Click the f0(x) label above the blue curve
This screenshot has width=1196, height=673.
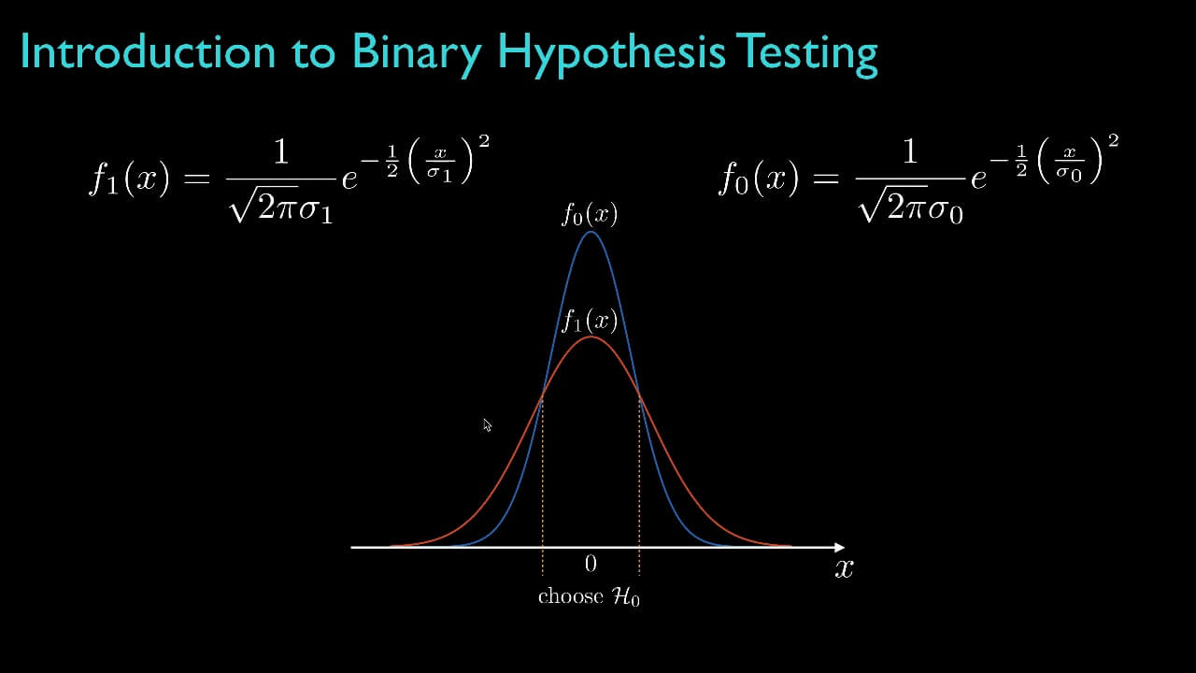(x=590, y=215)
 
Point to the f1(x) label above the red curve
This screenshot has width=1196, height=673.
(x=590, y=322)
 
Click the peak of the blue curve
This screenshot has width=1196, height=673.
(x=591, y=232)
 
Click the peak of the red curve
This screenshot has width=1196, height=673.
(x=591, y=336)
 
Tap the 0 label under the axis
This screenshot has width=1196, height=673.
(x=591, y=564)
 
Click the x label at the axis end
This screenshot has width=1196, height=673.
(x=844, y=567)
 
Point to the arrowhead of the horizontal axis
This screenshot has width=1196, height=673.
(x=838, y=547)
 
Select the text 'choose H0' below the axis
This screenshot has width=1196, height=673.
(x=589, y=597)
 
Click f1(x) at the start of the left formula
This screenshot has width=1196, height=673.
(x=129, y=178)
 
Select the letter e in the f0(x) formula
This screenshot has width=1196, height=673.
(x=979, y=178)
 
